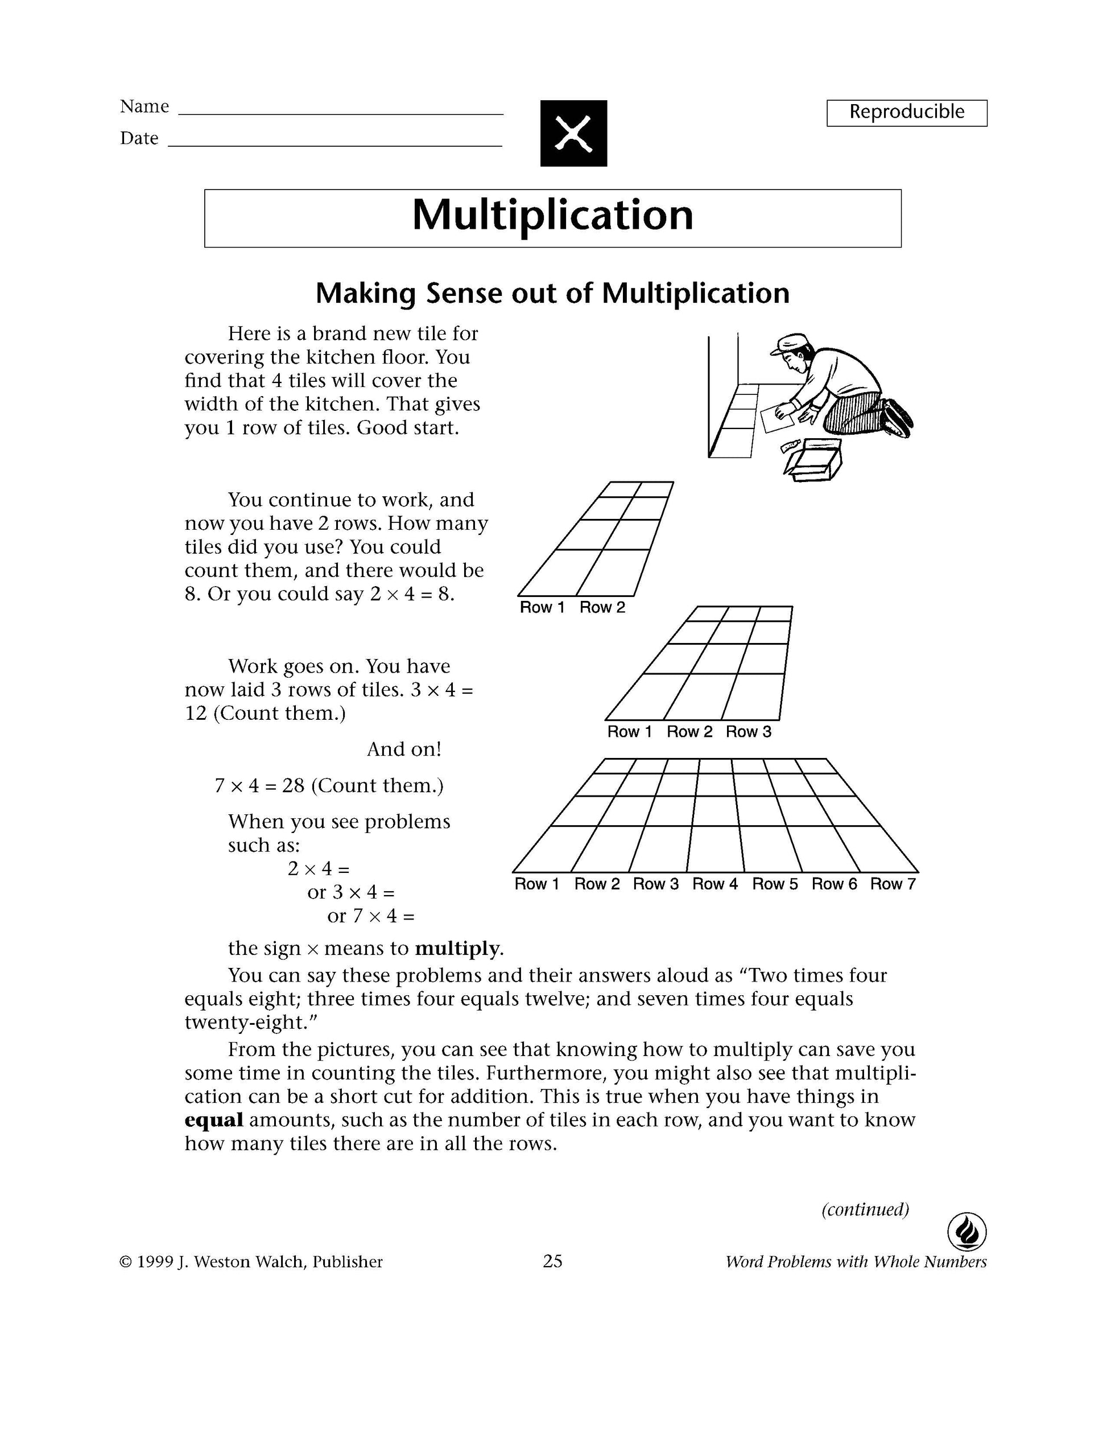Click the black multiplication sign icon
pyautogui.click(x=573, y=133)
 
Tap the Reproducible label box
pyautogui.click(x=907, y=113)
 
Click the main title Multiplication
pyautogui.click(x=552, y=216)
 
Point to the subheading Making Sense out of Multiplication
pyautogui.click(x=552, y=293)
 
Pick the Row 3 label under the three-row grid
pyautogui.click(x=748, y=732)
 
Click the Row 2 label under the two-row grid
pyautogui.click(x=602, y=608)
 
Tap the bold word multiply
pyautogui.click(x=457, y=949)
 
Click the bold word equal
pyautogui.click(x=214, y=1120)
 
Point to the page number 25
pyautogui.click(x=552, y=1261)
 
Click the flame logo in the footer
pyautogui.click(x=967, y=1233)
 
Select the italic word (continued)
pyautogui.click(x=865, y=1209)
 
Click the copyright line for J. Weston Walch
pyautogui.click(x=251, y=1262)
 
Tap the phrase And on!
pyautogui.click(x=404, y=749)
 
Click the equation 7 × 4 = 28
pyautogui.click(x=260, y=786)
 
